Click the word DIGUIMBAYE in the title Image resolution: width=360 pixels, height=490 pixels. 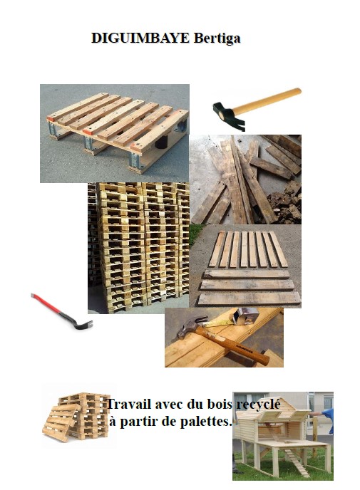point(140,38)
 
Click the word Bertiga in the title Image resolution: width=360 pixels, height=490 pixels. point(217,38)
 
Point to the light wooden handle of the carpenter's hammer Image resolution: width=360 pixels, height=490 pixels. point(267,100)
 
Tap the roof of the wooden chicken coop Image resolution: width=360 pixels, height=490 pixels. point(273,410)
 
